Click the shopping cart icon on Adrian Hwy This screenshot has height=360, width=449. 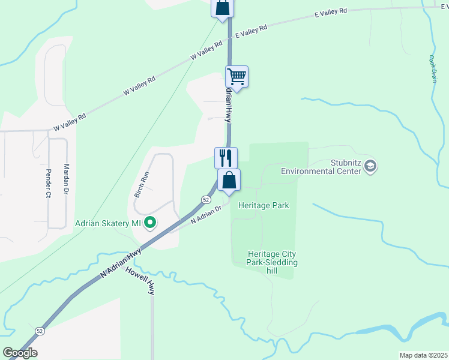click(x=237, y=77)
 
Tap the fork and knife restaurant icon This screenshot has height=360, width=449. click(x=226, y=158)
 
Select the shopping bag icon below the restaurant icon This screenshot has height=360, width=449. click(x=229, y=180)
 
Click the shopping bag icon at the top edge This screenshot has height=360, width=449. click(x=222, y=8)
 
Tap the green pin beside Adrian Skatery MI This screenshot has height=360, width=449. click(x=151, y=224)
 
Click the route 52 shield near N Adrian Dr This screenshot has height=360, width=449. click(x=206, y=199)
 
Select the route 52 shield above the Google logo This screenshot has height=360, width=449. click(x=40, y=331)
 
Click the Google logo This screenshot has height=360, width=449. click(x=20, y=353)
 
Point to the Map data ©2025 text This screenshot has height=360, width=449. click(x=423, y=355)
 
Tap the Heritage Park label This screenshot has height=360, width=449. click(x=264, y=205)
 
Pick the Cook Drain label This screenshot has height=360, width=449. click(x=432, y=69)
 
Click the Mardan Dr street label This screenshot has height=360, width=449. click(x=67, y=178)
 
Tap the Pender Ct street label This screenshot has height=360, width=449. click(x=47, y=183)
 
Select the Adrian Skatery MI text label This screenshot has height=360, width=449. click(x=108, y=224)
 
